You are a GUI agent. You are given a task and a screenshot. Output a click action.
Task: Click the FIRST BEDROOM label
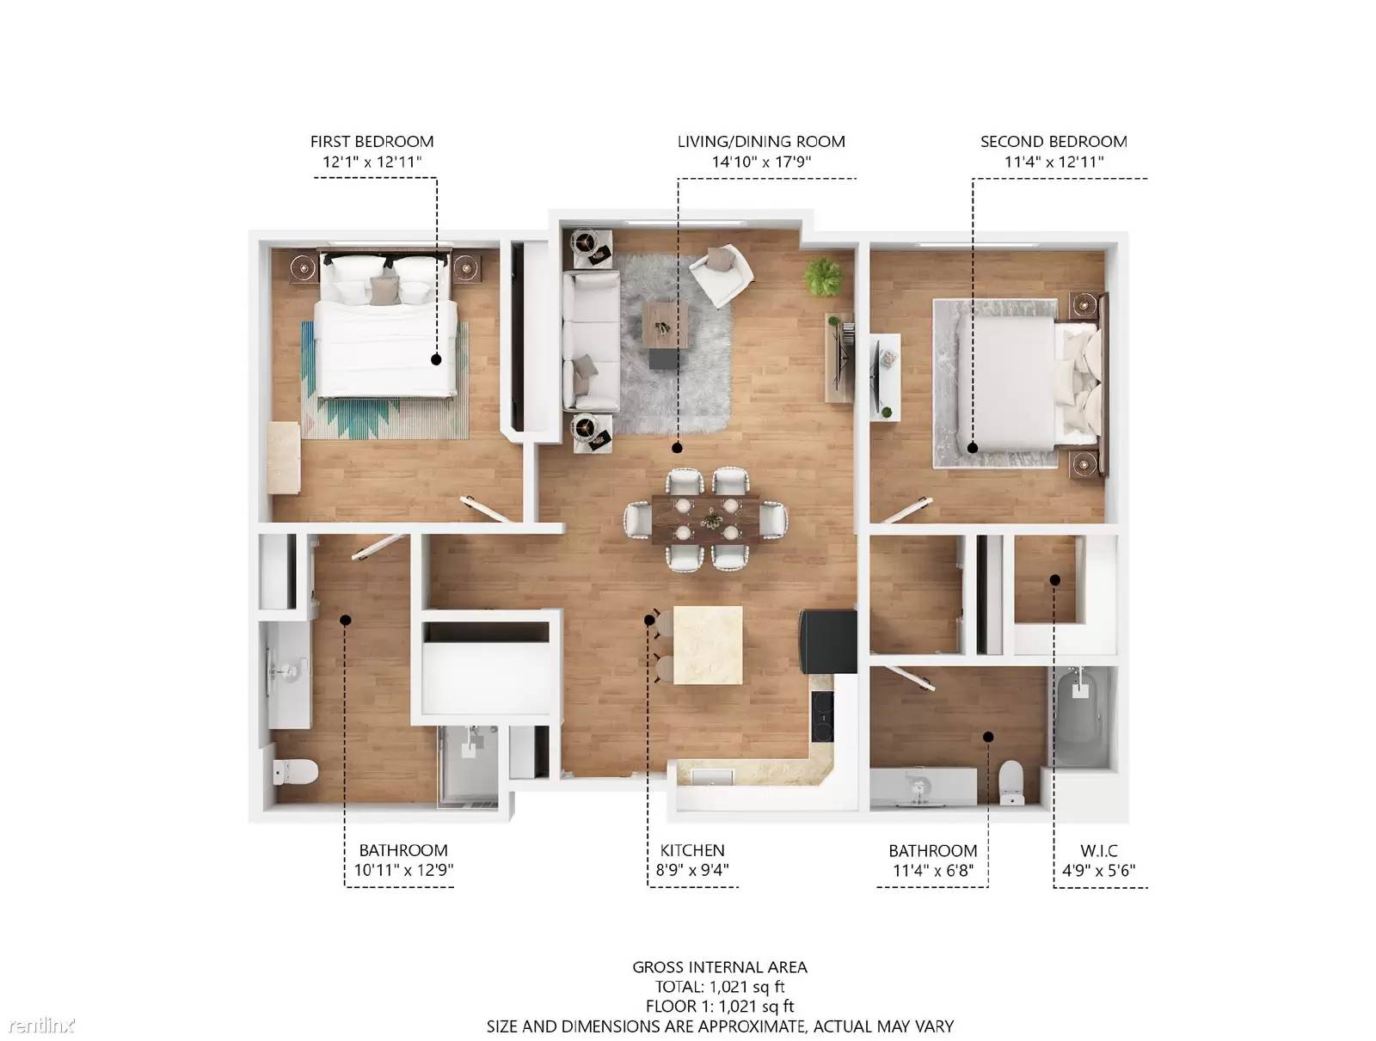[x=372, y=142]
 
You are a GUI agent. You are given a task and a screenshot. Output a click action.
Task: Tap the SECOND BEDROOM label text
[x=1053, y=142]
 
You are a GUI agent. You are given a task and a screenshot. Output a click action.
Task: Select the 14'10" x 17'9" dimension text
[x=761, y=162]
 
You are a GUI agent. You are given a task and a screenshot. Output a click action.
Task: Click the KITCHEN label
[x=692, y=850]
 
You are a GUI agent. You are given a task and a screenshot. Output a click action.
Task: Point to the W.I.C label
[x=1098, y=850]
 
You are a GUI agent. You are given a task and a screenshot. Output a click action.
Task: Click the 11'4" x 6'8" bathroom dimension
[x=933, y=870]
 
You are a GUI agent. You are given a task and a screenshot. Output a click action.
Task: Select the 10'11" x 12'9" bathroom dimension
[x=403, y=870]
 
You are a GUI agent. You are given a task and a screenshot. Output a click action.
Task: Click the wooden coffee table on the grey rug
[x=665, y=324]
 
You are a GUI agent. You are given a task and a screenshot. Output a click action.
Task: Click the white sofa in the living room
[x=591, y=340]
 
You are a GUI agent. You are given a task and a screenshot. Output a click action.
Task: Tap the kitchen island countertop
[x=708, y=645]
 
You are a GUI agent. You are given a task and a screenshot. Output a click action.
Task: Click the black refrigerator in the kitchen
[x=827, y=641]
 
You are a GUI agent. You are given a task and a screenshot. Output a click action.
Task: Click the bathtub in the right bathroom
[x=1083, y=717]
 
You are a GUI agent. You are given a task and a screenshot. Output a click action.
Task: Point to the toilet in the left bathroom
[x=297, y=772]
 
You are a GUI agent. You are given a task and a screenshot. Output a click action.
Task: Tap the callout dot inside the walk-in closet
[x=1055, y=580]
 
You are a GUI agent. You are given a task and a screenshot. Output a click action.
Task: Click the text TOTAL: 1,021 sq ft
[x=720, y=987]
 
